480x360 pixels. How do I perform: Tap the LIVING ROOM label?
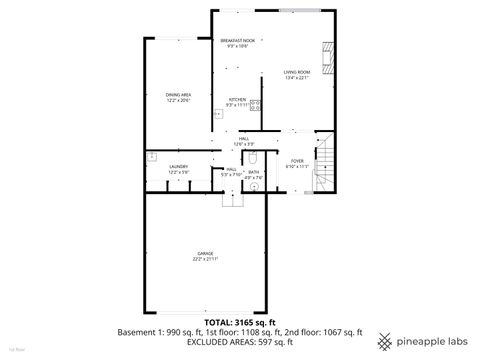coord(297,72)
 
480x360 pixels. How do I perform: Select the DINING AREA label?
coord(179,95)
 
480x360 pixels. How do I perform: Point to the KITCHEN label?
coord(238,100)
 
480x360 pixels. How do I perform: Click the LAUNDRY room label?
coord(179,166)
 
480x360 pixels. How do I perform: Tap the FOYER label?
coord(297,160)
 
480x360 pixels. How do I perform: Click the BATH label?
coord(254,170)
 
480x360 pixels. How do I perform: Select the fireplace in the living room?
coord(326,51)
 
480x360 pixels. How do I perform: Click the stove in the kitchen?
coord(255,105)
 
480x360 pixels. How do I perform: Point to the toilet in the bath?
coord(255,158)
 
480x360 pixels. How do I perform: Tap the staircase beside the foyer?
coord(324,166)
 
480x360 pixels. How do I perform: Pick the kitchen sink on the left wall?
coord(216,114)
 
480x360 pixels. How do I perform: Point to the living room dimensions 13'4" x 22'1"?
coord(297,78)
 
